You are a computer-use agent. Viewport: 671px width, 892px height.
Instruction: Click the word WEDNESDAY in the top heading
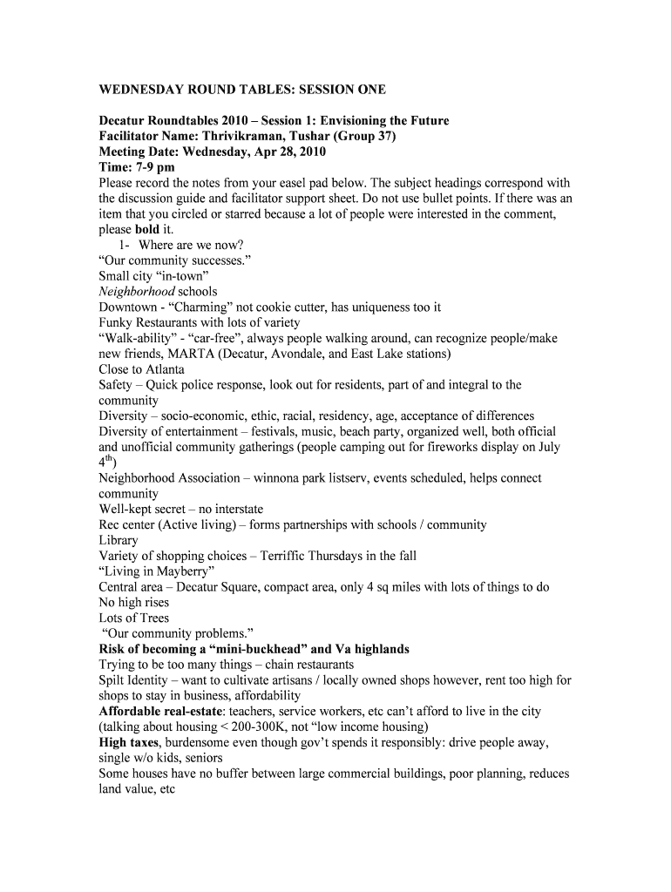pyautogui.click(x=142, y=90)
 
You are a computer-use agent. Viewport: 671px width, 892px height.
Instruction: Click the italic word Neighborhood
pyautogui.click(x=137, y=292)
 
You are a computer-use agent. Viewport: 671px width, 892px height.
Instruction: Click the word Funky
pyautogui.click(x=116, y=323)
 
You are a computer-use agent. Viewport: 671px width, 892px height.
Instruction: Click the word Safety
pyautogui.click(x=115, y=385)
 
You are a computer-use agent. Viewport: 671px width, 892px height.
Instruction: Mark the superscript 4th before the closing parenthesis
pyautogui.click(x=106, y=462)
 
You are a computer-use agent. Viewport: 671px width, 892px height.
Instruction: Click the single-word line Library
pyautogui.click(x=119, y=540)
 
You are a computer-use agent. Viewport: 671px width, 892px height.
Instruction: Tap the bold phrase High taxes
pyautogui.click(x=129, y=743)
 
